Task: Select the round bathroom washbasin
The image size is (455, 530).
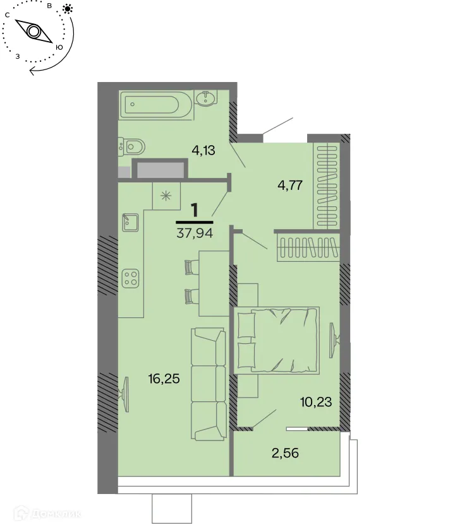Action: coord(206,98)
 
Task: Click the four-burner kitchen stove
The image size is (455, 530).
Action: coord(131,278)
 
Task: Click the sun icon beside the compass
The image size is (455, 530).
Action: coord(68,9)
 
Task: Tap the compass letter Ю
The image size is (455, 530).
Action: coord(59,47)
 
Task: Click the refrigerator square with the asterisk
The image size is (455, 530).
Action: coord(167,195)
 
